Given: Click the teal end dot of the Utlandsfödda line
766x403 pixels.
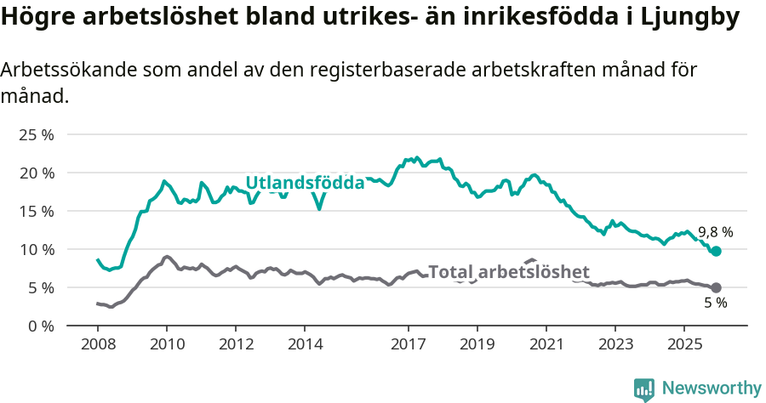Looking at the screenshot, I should (x=717, y=251).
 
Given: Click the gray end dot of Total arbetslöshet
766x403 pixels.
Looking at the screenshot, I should (x=717, y=288).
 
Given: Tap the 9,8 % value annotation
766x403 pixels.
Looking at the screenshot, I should (x=715, y=231).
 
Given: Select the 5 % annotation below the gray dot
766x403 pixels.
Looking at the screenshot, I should (x=715, y=304).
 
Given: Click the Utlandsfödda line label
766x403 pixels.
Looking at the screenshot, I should (x=305, y=183).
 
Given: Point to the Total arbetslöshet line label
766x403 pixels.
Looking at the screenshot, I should (x=508, y=272).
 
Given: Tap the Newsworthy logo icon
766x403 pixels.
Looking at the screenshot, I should (x=644, y=389).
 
